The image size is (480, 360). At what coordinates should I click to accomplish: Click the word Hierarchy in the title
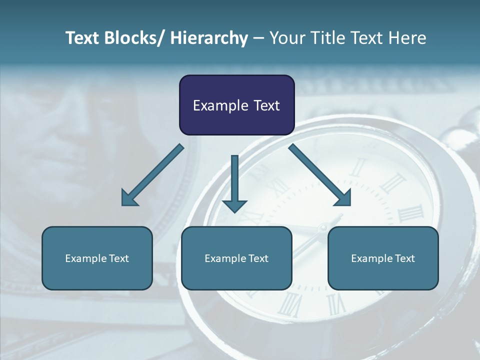coord(208,38)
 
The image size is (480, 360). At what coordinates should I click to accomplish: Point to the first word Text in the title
coord(83,38)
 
